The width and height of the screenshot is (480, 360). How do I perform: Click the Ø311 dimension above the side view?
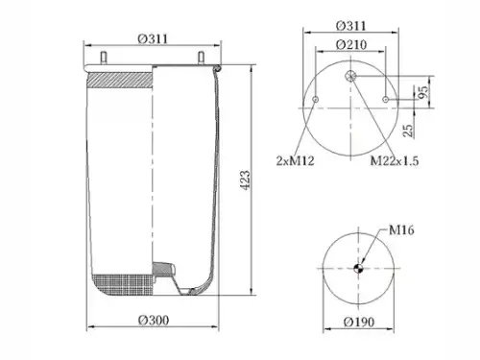153,38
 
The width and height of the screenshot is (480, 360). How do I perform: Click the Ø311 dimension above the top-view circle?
350,26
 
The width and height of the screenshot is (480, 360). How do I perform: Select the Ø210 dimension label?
351,44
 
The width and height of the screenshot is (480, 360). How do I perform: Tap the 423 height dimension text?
245,180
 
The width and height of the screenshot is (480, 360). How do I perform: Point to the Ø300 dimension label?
154,320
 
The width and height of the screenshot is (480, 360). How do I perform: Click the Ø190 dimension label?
359,322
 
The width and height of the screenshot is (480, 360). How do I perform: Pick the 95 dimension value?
422,93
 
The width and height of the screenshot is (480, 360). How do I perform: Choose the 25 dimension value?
408,131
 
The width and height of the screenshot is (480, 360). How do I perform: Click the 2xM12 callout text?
295,160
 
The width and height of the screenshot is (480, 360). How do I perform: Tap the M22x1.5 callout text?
395,160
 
